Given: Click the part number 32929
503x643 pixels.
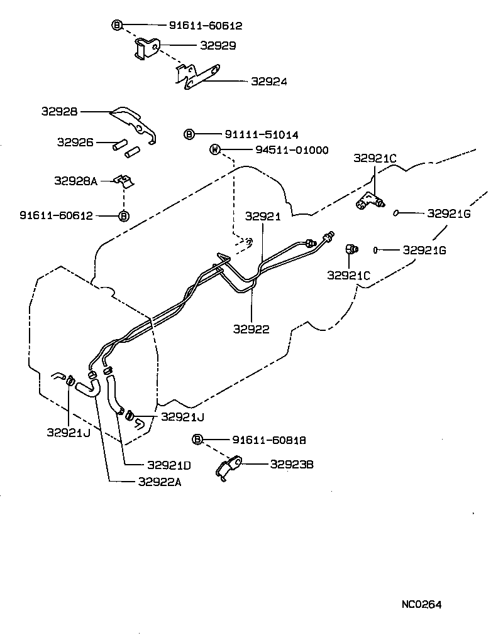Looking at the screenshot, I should click(x=218, y=46).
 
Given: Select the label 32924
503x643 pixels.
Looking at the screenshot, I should click(x=268, y=82).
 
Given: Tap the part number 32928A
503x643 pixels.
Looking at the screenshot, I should click(x=75, y=181).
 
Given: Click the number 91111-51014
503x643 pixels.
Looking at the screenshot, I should click(x=261, y=134).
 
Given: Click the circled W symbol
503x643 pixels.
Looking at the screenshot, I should click(x=215, y=150).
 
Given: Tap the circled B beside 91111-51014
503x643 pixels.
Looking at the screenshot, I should click(x=189, y=134).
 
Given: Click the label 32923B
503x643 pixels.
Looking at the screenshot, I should click(x=292, y=465).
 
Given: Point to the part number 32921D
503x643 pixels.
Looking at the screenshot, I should click(x=169, y=465).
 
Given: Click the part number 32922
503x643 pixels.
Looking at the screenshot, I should click(x=251, y=329).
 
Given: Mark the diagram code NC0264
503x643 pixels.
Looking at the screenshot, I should click(x=421, y=605).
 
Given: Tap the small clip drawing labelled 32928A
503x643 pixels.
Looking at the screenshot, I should click(x=123, y=181).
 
